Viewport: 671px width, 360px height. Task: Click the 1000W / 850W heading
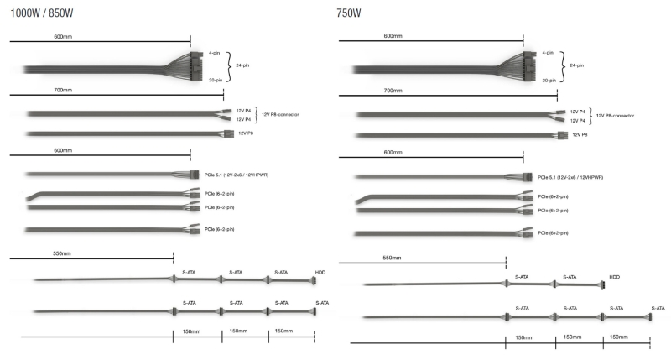pyautogui.click(x=41, y=13)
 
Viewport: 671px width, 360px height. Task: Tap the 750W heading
pyautogui.click(x=349, y=13)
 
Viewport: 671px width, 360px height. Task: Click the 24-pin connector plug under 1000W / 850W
pyautogui.click(x=196, y=66)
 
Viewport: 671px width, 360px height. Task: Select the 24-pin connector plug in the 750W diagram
pyautogui.click(x=529, y=66)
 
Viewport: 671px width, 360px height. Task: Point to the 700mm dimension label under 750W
pyautogui.click(x=393, y=91)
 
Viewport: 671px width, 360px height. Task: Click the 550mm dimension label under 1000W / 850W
pyautogui.click(x=62, y=253)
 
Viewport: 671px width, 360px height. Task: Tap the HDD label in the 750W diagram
pyautogui.click(x=614, y=277)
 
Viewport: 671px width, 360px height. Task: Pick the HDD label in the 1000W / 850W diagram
pyautogui.click(x=320, y=272)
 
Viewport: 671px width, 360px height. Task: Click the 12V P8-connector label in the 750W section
pyautogui.click(x=615, y=116)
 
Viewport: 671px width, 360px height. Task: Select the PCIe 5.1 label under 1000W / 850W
pyautogui.click(x=237, y=175)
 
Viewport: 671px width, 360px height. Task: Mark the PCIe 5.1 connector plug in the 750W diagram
pyautogui.click(x=528, y=177)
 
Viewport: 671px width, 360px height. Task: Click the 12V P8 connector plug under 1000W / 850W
pyautogui.click(x=229, y=134)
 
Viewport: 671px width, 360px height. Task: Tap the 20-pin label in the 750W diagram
pyautogui.click(x=549, y=80)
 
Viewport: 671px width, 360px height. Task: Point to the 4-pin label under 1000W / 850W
pyautogui.click(x=215, y=53)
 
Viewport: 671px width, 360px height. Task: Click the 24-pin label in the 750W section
pyautogui.click(x=576, y=65)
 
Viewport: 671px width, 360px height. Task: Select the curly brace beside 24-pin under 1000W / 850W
pyautogui.click(x=228, y=66)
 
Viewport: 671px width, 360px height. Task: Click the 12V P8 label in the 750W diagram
pyautogui.click(x=580, y=135)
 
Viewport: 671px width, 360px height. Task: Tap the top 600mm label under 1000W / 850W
pyautogui.click(x=63, y=36)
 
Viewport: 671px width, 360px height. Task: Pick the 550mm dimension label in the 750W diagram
pyautogui.click(x=392, y=258)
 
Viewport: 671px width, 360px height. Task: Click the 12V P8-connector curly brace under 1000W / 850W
pyautogui.click(x=257, y=115)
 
